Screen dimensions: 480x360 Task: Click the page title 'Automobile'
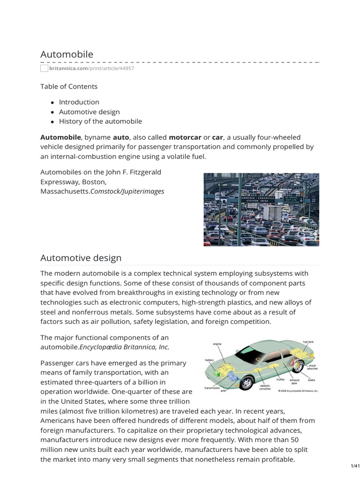[67, 54]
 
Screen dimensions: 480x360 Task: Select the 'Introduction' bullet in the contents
[79, 102]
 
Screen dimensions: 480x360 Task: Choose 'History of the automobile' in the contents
[100, 121]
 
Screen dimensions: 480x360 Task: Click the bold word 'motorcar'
[185, 137]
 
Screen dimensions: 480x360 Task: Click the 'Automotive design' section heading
[81, 258]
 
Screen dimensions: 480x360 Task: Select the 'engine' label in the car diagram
[217, 344]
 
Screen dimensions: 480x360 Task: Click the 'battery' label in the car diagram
[209, 360]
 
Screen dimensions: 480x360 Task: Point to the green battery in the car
[217, 373]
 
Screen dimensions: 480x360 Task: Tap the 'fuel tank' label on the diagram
[308, 342]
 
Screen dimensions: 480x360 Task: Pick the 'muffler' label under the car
[280, 379]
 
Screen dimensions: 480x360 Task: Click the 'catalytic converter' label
[264, 387]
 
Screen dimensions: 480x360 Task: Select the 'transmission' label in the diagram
[213, 388]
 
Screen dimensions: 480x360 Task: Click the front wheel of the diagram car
[247, 382]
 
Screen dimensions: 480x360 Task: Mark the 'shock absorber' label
[312, 367]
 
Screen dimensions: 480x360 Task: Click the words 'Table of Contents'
[69, 86]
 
